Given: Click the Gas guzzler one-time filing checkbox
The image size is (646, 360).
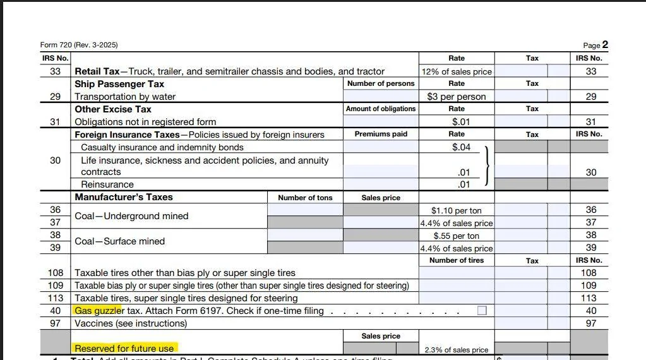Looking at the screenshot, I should (x=482, y=311).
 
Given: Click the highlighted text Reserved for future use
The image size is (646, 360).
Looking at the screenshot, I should (x=124, y=348).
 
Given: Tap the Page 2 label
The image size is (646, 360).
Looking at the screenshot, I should (x=595, y=45).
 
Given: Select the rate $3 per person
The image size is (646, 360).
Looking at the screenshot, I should (x=456, y=97).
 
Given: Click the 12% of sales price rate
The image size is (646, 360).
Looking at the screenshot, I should (x=457, y=71).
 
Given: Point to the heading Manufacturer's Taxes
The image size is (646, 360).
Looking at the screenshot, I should (x=124, y=197).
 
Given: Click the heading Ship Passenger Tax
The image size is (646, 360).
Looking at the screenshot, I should (x=119, y=83).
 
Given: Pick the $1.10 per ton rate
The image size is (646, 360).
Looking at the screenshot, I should (x=456, y=210).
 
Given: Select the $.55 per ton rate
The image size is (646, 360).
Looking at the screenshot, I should (x=456, y=236).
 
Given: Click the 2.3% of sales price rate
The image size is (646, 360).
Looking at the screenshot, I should (x=456, y=349).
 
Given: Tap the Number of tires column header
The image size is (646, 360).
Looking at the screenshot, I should (x=456, y=260).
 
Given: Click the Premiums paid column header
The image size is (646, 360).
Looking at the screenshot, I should (x=381, y=134).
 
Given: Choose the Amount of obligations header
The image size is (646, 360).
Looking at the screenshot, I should (x=381, y=109).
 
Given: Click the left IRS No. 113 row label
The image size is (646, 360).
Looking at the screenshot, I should (x=56, y=298).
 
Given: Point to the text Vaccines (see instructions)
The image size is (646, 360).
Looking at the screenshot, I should (x=131, y=323).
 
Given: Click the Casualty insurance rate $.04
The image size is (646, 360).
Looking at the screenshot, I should (x=461, y=147).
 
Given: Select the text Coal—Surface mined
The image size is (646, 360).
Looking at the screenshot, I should (x=119, y=241).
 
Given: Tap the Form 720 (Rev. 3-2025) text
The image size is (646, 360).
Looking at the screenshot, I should (x=79, y=45).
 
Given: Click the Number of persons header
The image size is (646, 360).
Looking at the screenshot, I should (x=381, y=83).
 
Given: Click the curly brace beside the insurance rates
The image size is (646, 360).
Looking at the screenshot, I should (x=486, y=165).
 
